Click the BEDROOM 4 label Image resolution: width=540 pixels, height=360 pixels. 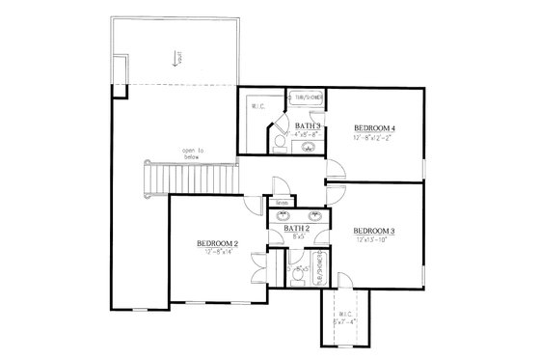tap(375, 128)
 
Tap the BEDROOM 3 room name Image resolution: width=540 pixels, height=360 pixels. tap(375, 231)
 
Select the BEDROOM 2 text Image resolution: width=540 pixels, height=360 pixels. tap(217, 243)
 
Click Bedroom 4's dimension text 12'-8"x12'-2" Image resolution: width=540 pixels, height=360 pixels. tap(375, 139)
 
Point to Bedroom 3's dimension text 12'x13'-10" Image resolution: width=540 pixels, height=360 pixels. tap(375, 241)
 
